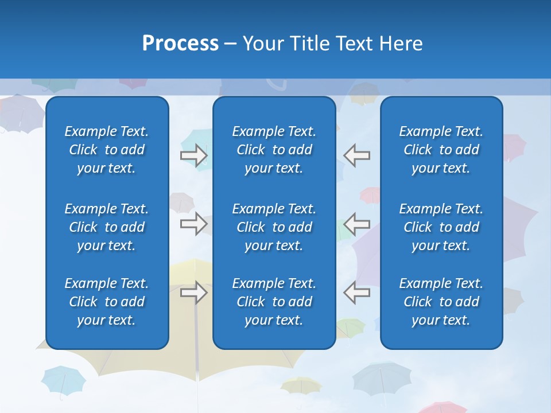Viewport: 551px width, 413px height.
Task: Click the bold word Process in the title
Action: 180,44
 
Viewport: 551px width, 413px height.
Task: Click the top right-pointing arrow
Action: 194,155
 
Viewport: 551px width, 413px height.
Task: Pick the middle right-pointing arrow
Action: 194,224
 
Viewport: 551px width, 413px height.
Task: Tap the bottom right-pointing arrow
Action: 194,293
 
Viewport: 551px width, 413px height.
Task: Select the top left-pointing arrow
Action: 356,155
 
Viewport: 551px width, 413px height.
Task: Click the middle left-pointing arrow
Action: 356,224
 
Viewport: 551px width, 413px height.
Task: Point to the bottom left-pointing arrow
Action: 356,293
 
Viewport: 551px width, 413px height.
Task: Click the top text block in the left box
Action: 107,150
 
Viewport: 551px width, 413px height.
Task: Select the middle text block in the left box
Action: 107,227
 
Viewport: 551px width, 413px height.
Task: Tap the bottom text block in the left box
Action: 107,302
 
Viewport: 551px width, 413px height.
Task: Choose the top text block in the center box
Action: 274,150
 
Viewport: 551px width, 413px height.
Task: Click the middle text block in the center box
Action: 274,227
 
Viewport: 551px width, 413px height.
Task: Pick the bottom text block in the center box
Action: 274,302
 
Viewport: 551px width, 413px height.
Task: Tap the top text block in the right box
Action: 441,150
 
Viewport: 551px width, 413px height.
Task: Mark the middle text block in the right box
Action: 441,227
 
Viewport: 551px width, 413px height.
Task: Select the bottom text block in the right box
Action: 441,302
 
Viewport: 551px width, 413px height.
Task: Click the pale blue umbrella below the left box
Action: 63,380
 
